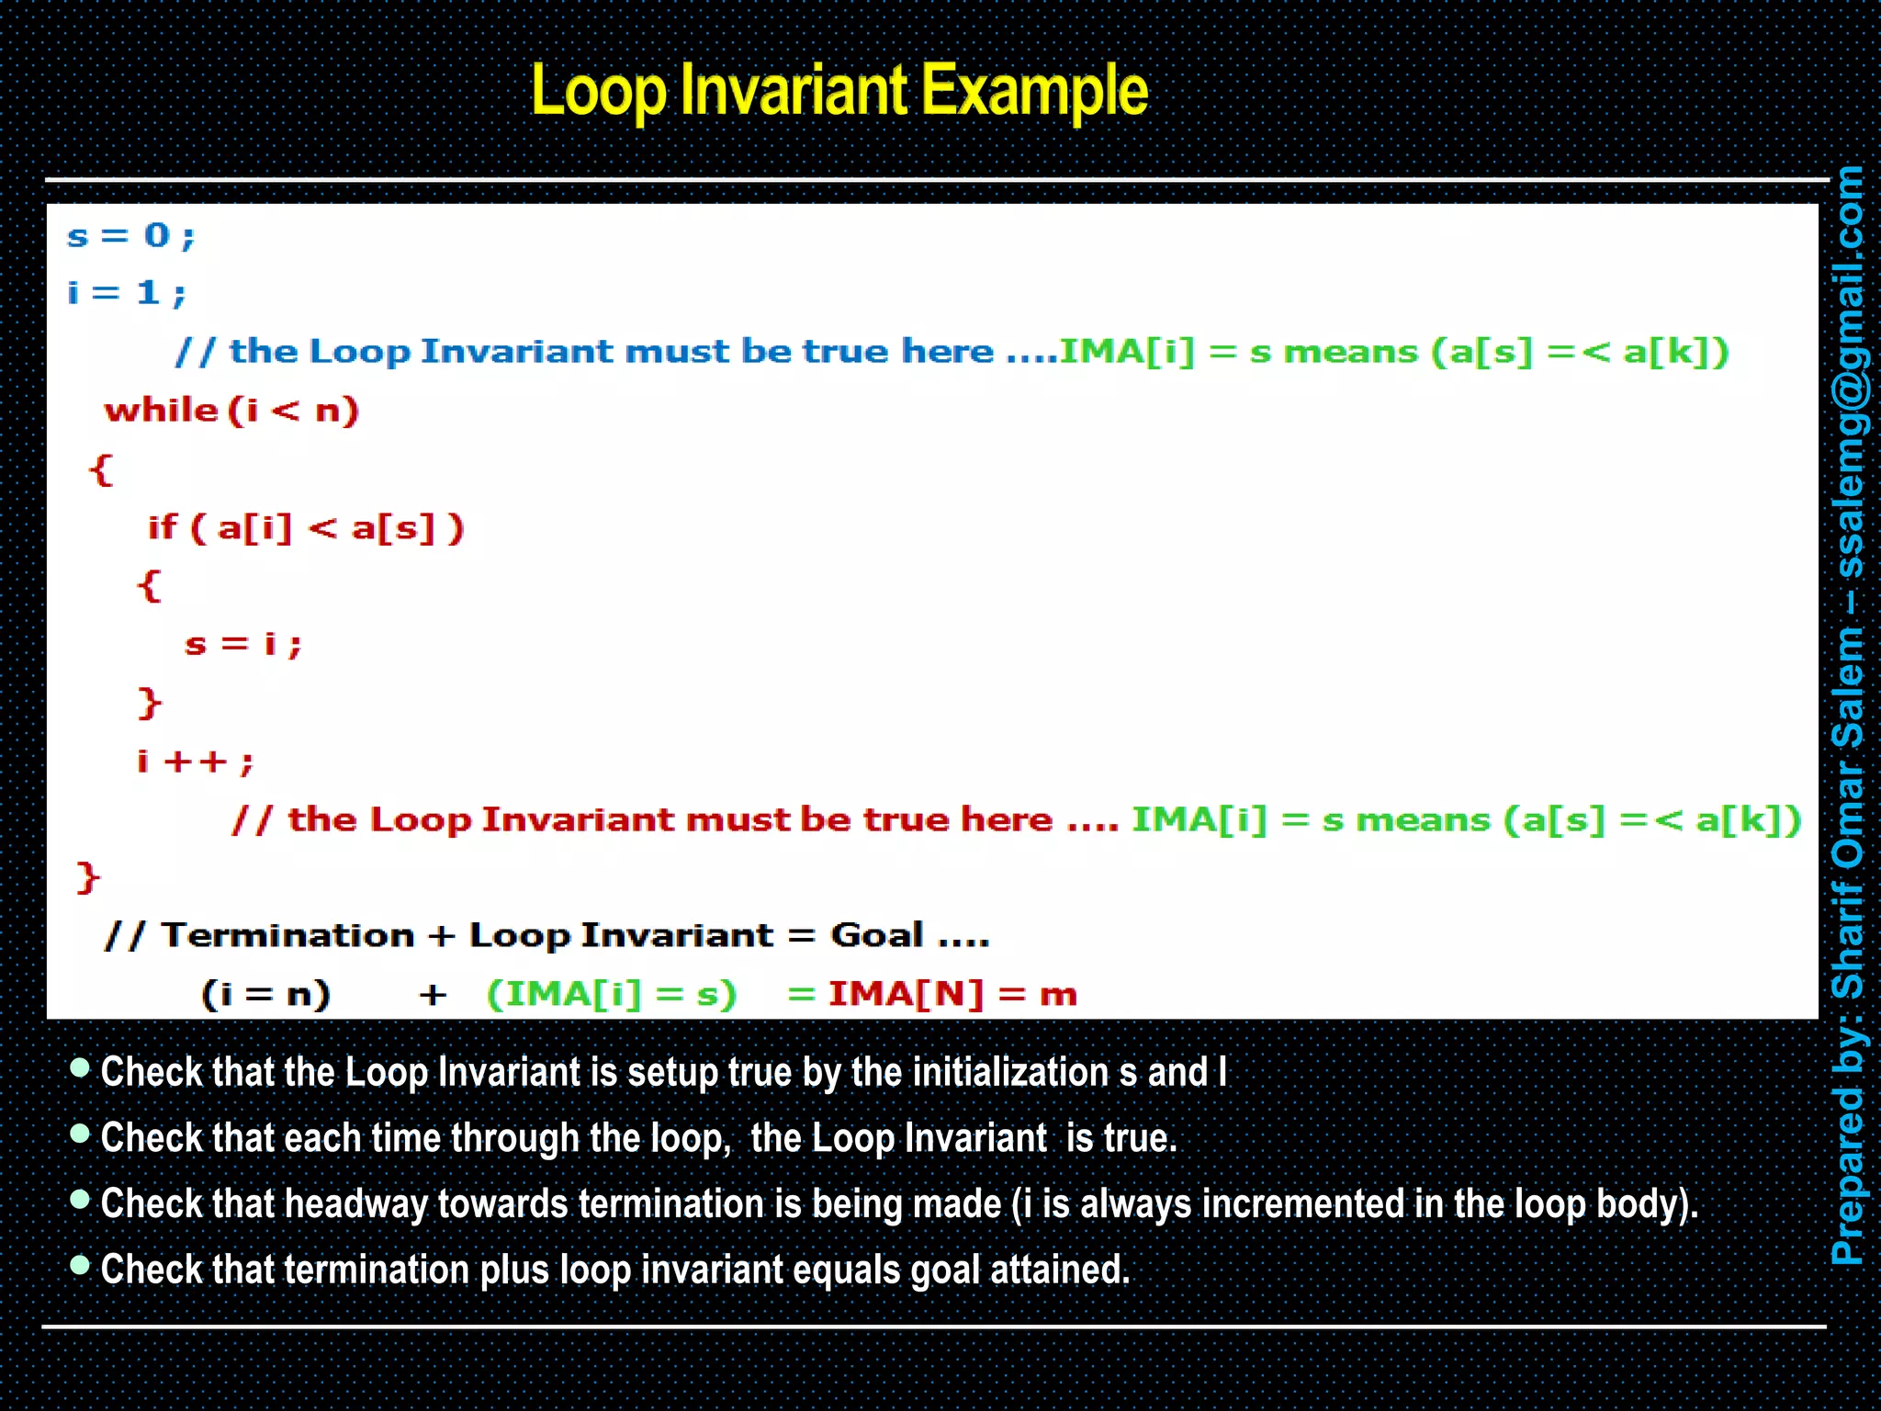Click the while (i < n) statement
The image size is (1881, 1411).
pyautogui.click(x=231, y=410)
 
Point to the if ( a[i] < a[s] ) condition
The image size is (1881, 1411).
pyautogui.click(x=307, y=528)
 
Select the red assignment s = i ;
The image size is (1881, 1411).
pyautogui.click(x=242, y=644)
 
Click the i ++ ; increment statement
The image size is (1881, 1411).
pyautogui.click(x=195, y=761)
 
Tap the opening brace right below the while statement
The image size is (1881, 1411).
pyautogui.click(x=100, y=469)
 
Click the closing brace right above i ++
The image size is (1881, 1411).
pyautogui.click(x=149, y=703)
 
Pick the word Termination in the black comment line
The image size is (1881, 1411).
pyautogui.click(x=287, y=935)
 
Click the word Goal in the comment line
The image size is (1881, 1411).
pyautogui.click(x=876, y=935)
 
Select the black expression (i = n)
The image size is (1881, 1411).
pyautogui.click(x=265, y=994)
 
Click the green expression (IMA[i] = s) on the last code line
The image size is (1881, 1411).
pyautogui.click(x=612, y=994)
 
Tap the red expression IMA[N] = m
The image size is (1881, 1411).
pyautogui.click(x=952, y=994)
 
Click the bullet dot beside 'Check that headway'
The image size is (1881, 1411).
pyautogui.click(x=80, y=1199)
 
